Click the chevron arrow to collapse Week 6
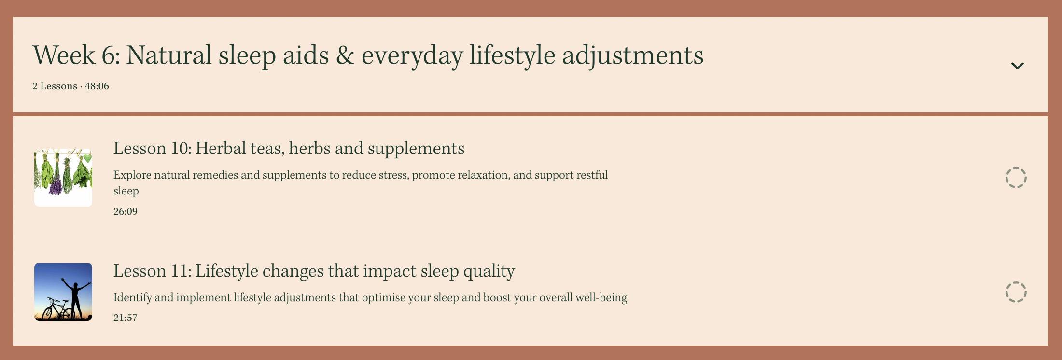tap(1017, 66)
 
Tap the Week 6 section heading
tap(368, 55)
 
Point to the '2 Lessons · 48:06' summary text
tap(70, 86)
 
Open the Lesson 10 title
tap(289, 148)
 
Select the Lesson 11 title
tap(314, 271)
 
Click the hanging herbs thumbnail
tap(63, 178)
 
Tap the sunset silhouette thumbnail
tap(63, 292)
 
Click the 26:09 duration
tap(126, 211)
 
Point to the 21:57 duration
tap(126, 318)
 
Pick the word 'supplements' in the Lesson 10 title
tap(416, 149)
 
